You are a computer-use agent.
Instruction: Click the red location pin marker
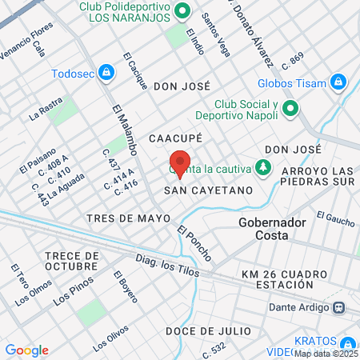180,162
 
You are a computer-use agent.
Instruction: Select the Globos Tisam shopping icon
338,82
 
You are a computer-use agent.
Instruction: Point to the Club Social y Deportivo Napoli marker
290,109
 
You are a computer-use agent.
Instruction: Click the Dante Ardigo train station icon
340,306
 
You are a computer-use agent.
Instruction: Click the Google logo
26,350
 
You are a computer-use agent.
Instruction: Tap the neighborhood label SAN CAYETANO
208,190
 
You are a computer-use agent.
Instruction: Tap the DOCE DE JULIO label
208,330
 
